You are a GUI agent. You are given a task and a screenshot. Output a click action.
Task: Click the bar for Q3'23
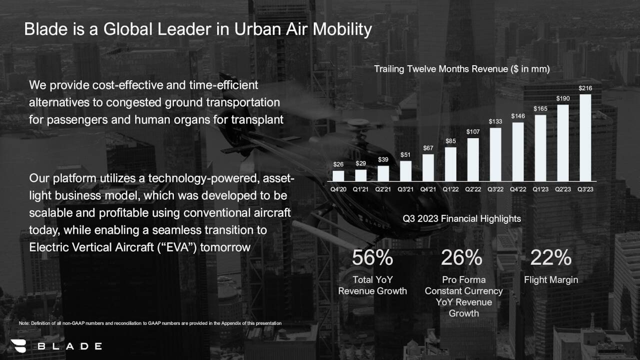585,137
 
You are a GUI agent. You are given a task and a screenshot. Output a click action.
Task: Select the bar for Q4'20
338,175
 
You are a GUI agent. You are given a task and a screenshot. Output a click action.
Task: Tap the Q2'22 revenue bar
473,159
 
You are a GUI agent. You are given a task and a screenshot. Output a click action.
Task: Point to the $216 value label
585,88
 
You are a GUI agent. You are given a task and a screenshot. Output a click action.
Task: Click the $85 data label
450,141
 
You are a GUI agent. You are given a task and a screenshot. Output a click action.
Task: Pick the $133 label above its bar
495,121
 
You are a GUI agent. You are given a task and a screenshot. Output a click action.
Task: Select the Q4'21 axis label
428,189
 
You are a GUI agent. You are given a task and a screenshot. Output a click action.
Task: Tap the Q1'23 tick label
540,189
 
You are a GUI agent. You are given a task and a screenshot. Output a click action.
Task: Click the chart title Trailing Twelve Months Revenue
462,69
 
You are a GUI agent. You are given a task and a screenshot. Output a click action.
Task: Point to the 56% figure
372,258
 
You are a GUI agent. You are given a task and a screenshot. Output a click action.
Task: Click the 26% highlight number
461,258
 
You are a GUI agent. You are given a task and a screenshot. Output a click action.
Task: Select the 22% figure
550,258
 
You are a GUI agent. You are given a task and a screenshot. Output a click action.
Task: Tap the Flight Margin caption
550,280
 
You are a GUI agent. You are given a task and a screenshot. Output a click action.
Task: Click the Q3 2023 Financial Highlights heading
461,218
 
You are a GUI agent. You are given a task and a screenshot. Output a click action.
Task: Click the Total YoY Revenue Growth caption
372,285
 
